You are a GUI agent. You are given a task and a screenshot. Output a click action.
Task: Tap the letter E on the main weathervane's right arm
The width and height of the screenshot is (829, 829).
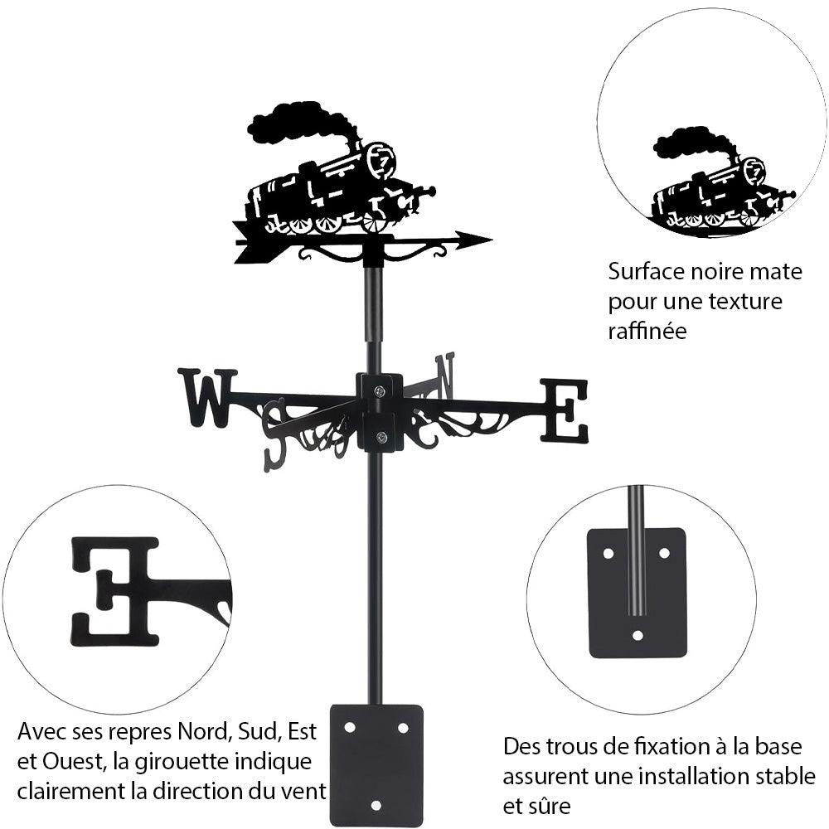[565, 410]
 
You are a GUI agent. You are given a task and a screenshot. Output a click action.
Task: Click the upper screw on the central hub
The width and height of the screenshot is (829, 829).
[379, 391]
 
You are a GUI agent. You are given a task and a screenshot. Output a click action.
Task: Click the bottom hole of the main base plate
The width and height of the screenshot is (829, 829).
[376, 804]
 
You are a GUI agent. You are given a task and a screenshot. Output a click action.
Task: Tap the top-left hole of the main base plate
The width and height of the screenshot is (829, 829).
[350, 727]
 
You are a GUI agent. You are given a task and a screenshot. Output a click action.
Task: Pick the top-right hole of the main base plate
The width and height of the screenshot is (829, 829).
[403, 727]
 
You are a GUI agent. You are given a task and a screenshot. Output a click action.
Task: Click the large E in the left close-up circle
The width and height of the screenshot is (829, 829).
[116, 590]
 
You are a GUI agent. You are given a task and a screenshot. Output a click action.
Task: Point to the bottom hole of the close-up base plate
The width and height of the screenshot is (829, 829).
[638, 636]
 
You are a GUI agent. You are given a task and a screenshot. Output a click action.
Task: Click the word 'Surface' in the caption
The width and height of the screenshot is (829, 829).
[642, 271]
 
